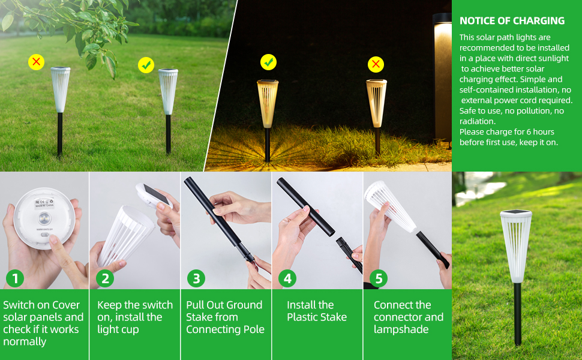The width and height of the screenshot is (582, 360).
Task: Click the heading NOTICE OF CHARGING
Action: [512, 21]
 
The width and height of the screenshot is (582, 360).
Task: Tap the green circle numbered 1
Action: [15, 278]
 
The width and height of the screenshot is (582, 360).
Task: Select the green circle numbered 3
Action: [196, 278]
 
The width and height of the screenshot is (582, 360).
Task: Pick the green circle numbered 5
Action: [379, 278]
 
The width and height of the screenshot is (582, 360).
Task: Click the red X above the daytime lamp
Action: [37, 61]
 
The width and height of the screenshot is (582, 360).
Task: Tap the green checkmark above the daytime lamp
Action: [146, 65]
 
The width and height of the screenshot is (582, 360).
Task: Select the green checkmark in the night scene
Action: [268, 61]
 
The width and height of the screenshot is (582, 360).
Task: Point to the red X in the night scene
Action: [376, 64]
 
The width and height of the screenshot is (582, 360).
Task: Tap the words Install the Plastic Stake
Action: [317, 311]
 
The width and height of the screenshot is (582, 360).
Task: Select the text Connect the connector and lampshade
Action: [408, 317]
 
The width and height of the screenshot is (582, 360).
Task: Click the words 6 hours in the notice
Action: [539, 132]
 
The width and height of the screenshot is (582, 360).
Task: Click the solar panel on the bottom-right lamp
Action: [515, 213]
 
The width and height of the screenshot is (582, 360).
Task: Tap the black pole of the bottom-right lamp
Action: [517, 312]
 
